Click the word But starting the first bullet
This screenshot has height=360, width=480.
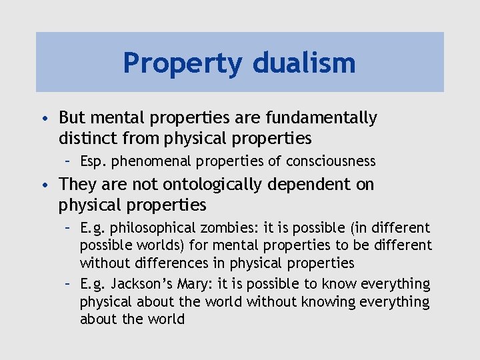pyautogui.click(x=71, y=118)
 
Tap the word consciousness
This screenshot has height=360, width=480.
pyautogui.click(x=331, y=161)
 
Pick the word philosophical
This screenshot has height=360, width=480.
pyautogui.click(x=153, y=229)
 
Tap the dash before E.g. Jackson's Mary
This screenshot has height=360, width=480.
pyautogui.click(x=68, y=285)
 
